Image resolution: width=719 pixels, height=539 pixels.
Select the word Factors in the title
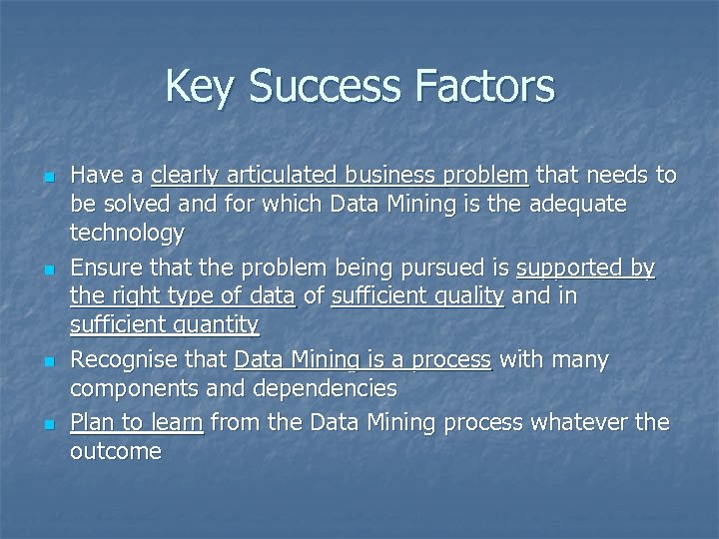point(488,86)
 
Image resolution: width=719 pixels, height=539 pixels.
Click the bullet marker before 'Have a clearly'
point(48,178)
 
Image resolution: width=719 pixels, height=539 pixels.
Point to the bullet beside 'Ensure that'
point(48,269)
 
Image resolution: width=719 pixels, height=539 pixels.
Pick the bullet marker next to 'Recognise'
point(48,361)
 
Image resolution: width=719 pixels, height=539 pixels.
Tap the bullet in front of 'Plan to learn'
point(48,423)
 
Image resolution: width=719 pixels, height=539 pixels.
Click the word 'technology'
point(127,235)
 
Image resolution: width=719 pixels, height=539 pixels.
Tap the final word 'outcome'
point(116,451)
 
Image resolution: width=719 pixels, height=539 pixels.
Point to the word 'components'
point(136,388)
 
